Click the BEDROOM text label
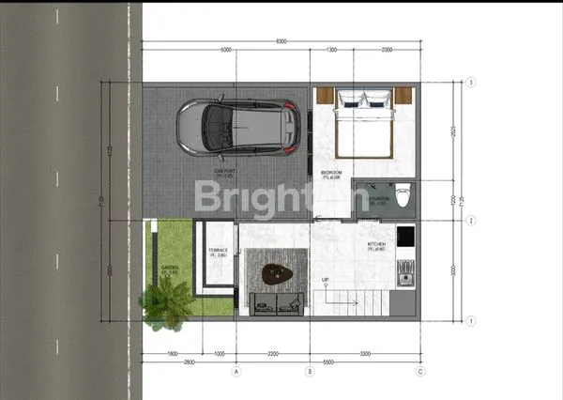(x=331, y=173)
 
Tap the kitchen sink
(x=406, y=272)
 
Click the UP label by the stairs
(x=326, y=280)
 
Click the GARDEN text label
(x=170, y=269)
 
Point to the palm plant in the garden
(x=164, y=306)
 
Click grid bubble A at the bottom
(x=236, y=371)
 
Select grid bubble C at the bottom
(x=420, y=371)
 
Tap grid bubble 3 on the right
(x=469, y=83)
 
